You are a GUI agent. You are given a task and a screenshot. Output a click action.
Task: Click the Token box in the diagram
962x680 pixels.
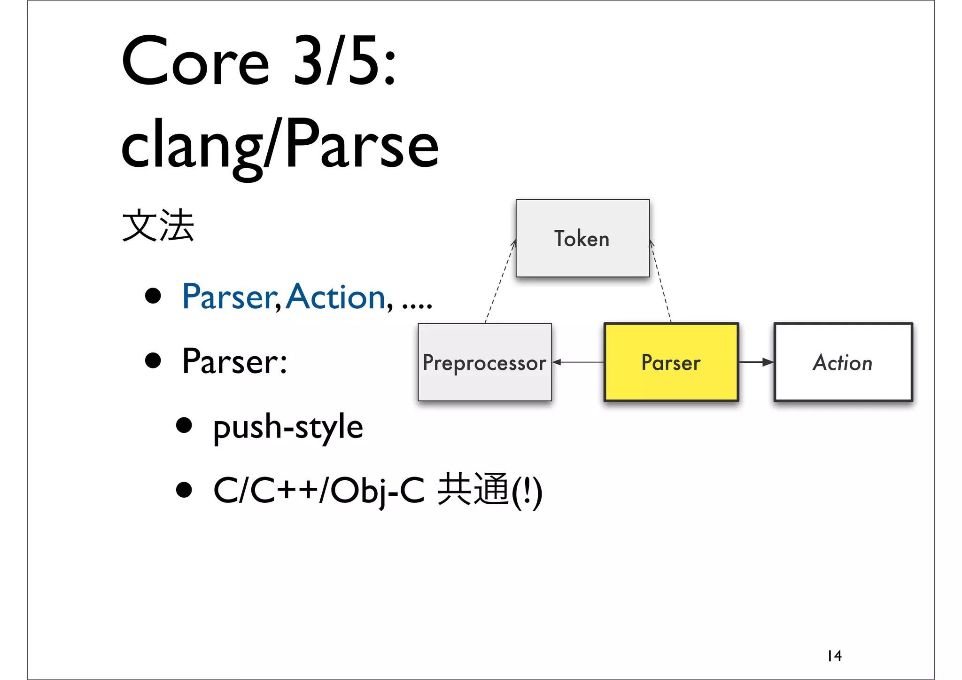(582, 238)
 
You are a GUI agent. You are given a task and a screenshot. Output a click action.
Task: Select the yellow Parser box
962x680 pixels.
(671, 362)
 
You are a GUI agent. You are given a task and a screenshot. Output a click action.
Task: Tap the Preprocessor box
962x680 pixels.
(484, 362)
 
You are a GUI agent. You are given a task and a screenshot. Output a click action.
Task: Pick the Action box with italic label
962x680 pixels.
(843, 362)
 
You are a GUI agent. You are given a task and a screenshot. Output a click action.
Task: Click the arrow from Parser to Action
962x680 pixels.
(756, 362)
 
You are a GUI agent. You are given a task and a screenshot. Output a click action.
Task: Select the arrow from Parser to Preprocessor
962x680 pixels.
(578, 362)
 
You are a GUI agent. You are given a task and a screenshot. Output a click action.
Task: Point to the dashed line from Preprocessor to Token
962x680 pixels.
(500, 282)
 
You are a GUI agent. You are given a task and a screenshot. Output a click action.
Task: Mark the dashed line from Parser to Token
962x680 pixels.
(660, 282)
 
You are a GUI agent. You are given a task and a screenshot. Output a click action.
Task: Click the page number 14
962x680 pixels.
(835, 656)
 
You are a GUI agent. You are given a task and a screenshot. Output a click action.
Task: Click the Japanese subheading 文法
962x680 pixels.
(158, 226)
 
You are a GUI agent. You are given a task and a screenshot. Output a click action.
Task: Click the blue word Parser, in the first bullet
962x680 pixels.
(231, 297)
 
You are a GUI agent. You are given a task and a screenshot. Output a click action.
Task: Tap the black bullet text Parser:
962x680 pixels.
(234, 361)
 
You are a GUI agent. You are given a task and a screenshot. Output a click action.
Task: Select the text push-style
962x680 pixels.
(288, 427)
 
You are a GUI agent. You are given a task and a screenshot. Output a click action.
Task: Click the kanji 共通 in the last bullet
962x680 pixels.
(473, 490)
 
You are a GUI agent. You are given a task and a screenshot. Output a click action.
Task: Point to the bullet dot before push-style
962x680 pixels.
(184, 425)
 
